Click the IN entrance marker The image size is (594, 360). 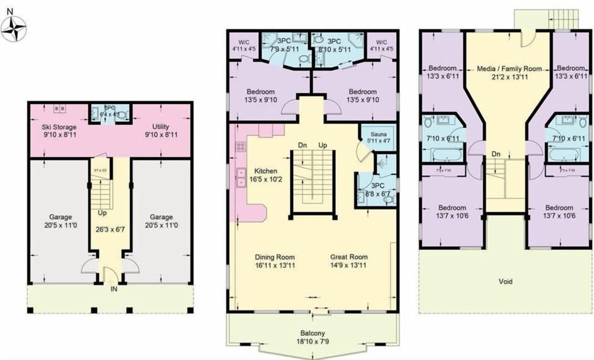pyautogui.click(x=113, y=289)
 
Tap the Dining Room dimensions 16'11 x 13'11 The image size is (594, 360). pyautogui.click(x=275, y=266)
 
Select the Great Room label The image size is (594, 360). pyautogui.click(x=350, y=257)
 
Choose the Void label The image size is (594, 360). pyautogui.click(x=506, y=281)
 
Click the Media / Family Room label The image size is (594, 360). pyautogui.click(x=509, y=69)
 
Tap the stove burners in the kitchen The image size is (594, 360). pyautogui.click(x=240, y=148)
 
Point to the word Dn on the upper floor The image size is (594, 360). pyautogui.click(x=496, y=154)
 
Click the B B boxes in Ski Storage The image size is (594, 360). pyautogui.click(x=61, y=109)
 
